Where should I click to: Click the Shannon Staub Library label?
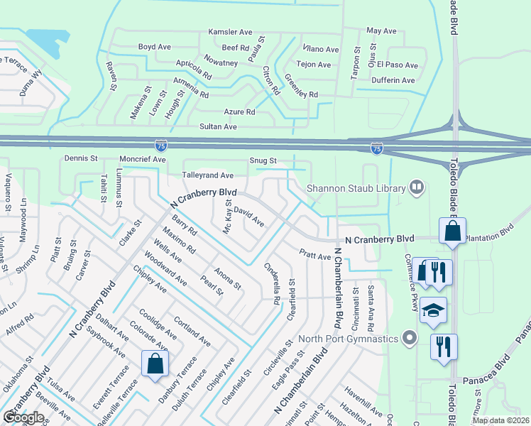point(356,188)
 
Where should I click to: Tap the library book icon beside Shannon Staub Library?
point(417,188)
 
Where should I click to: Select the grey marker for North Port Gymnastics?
point(407,337)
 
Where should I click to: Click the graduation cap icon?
point(433,310)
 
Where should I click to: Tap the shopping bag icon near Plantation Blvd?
point(451,231)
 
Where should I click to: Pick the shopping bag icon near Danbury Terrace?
point(155,364)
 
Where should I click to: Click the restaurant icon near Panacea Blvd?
point(444,346)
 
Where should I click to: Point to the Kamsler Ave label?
point(230,32)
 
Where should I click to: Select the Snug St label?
point(263,161)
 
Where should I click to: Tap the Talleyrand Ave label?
point(207,175)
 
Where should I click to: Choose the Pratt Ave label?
point(314,255)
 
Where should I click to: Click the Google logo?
point(23,417)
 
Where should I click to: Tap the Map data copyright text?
point(501,420)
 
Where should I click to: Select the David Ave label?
point(248,217)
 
